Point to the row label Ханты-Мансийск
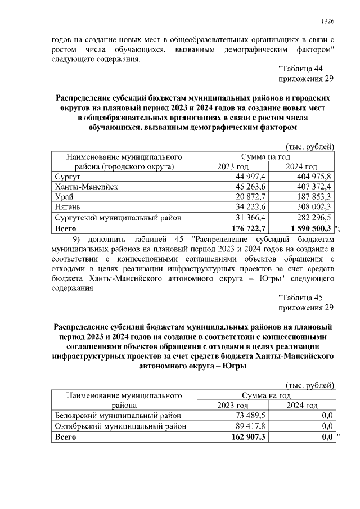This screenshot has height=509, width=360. tap(86, 187)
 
